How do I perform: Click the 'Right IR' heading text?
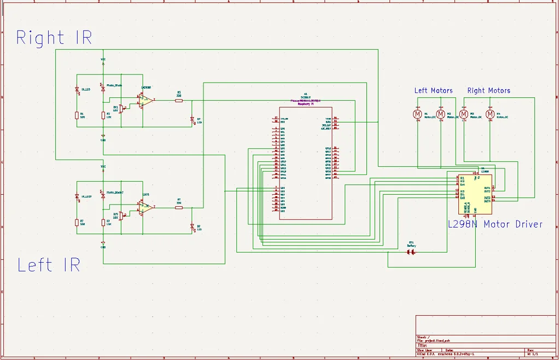(54, 38)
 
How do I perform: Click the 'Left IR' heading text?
(49, 265)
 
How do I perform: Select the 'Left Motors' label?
(433, 91)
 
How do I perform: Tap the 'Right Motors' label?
(488, 91)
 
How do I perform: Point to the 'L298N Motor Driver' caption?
(495, 224)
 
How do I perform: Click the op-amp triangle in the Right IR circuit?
(145, 101)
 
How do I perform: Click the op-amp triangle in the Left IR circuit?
(145, 207)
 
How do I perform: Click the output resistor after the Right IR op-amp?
(179, 100)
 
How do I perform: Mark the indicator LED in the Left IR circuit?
(192, 227)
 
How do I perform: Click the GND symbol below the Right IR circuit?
(103, 137)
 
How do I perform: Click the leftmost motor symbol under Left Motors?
(417, 114)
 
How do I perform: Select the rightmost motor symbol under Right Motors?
(490, 114)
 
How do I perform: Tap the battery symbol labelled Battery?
(411, 252)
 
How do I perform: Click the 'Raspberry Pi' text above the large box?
(305, 103)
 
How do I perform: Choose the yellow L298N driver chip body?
(475, 194)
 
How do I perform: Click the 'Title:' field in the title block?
(422, 345)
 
